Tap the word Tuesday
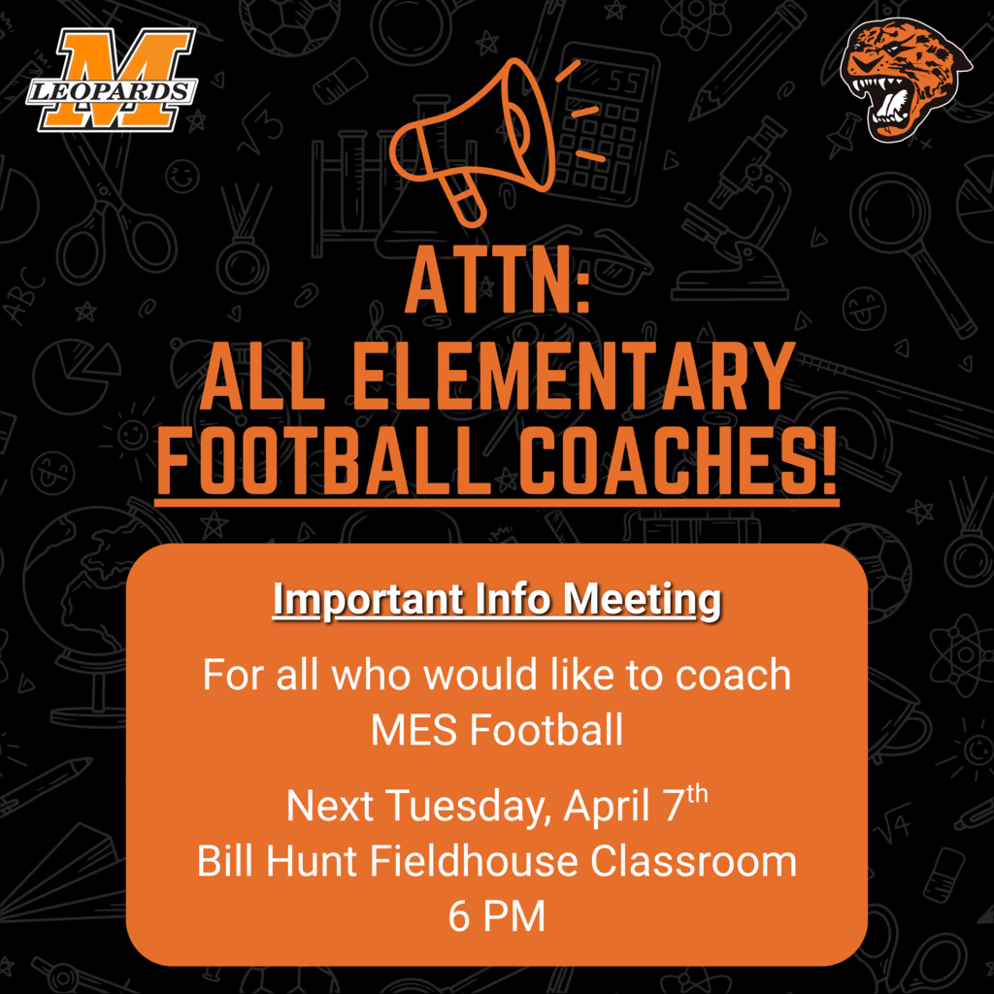point(472,806)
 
